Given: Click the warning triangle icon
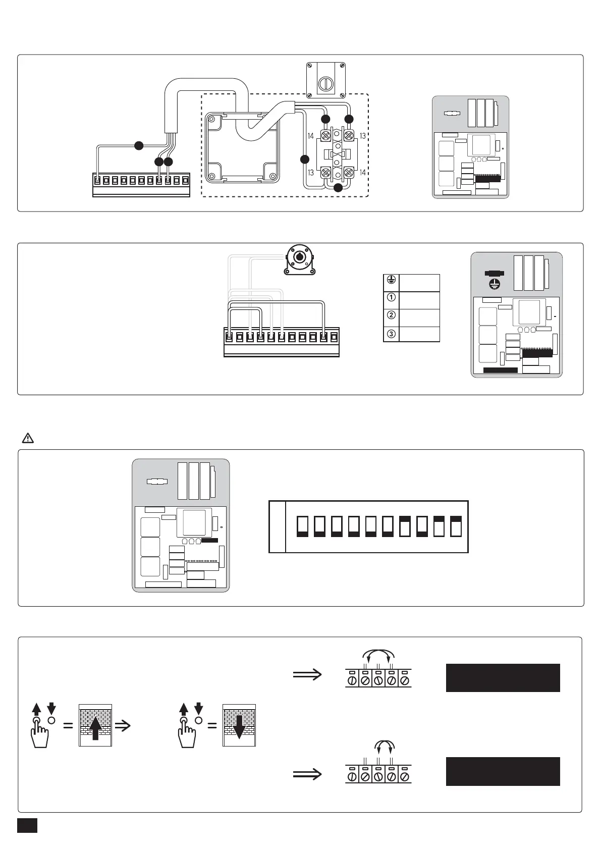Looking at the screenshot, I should [28, 438].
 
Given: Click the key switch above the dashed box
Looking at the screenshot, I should [326, 80].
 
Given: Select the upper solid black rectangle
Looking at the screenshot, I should [503, 677].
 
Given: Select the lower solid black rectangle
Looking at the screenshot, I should [503, 771].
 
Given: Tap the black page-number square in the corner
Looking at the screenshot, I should [27, 825].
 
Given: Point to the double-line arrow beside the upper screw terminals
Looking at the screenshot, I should [307, 674].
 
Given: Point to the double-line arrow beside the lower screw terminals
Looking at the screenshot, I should [307, 774].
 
